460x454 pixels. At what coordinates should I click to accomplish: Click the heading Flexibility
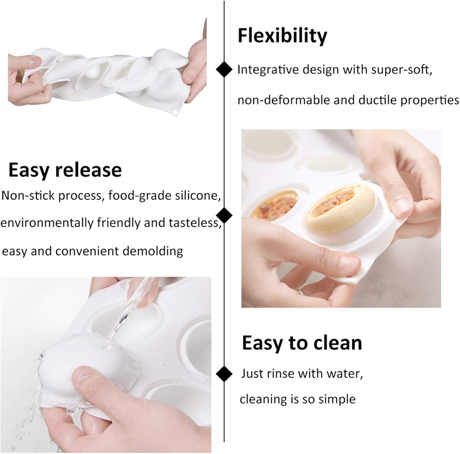point(282,36)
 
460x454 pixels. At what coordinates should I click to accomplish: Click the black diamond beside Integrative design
point(224,70)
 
